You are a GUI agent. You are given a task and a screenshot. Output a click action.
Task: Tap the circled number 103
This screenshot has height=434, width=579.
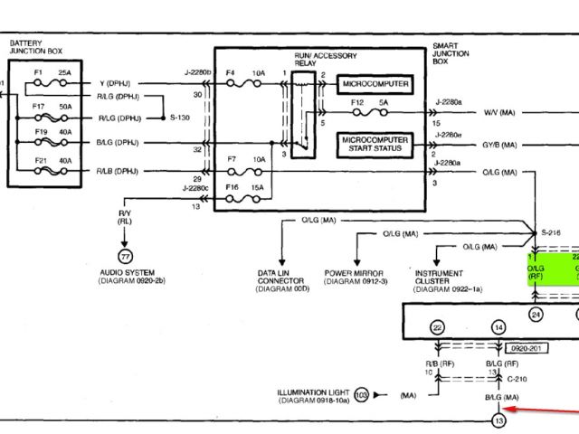pos(361,395)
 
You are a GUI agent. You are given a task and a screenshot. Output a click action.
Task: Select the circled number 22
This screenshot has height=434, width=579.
pos(438,327)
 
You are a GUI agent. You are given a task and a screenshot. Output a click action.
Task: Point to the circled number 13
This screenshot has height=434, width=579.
pos(496,420)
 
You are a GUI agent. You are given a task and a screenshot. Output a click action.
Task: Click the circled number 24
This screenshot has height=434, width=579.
pos(536,315)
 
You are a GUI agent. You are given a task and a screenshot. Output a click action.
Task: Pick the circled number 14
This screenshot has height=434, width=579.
pos(498,327)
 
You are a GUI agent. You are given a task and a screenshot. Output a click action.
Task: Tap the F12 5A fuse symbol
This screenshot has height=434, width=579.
pos(368,114)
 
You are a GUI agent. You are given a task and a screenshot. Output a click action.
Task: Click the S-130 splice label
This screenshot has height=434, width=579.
pos(180,118)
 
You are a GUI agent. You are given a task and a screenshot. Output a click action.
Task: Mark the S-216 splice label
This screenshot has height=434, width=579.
pos(551,233)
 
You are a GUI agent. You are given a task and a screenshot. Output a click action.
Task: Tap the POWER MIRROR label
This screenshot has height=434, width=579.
pos(353,272)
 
